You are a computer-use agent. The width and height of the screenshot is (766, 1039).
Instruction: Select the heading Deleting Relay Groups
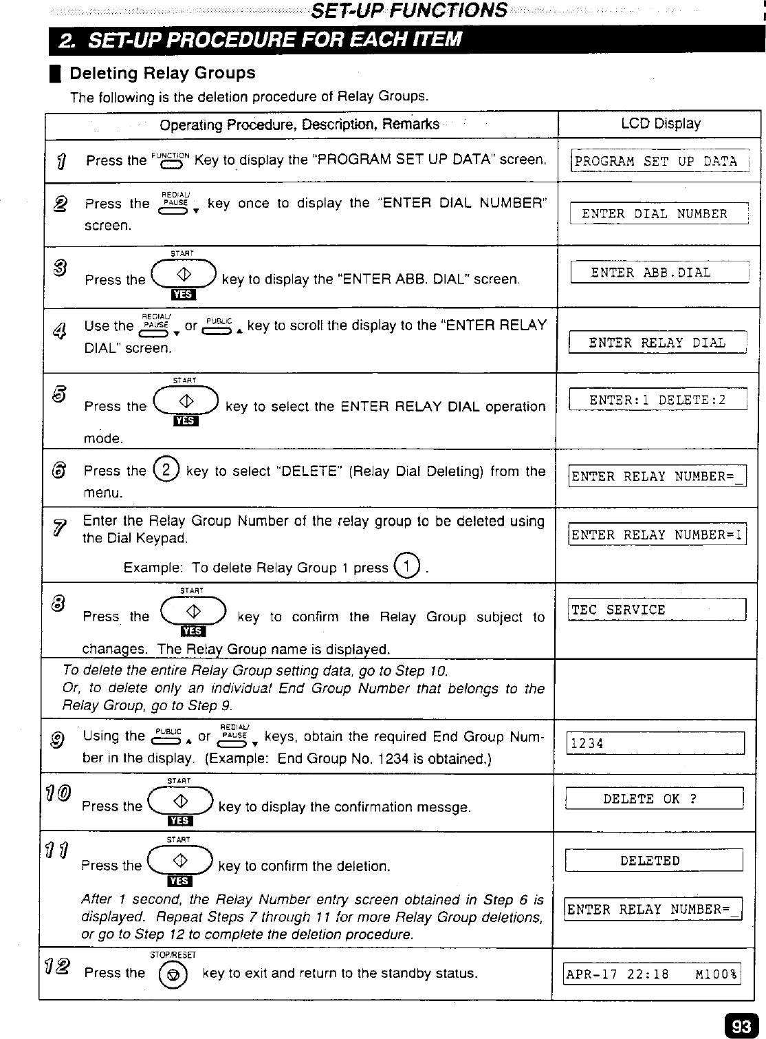tap(162, 73)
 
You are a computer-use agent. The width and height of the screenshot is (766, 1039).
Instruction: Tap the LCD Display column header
tap(660, 124)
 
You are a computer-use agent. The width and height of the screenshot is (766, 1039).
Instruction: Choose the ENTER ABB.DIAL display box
tap(659, 273)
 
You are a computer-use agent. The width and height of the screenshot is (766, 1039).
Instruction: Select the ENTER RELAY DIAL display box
tap(657, 343)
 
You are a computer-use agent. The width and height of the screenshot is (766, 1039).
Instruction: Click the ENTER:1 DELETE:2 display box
tap(658, 400)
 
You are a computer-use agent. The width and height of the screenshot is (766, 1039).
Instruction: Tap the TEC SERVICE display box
tap(657, 610)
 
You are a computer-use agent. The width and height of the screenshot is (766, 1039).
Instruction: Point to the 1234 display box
tap(655, 744)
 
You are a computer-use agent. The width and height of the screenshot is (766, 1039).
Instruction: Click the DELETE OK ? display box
tap(654, 799)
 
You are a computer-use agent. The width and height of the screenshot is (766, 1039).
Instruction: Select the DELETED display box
tap(654, 861)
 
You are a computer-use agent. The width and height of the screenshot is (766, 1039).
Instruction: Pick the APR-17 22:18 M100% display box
tap(652, 974)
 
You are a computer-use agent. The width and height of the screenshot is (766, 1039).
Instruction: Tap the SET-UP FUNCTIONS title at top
tap(410, 10)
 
